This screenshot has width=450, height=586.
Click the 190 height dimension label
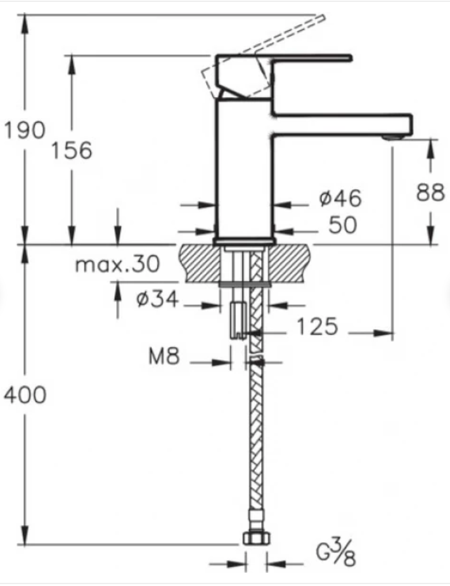pyautogui.click(x=25, y=130)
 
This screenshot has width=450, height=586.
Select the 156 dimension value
pyautogui.click(x=71, y=150)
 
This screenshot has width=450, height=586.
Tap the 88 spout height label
pyautogui.click(x=430, y=192)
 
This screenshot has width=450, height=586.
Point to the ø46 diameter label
pyautogui.click(x=340, y=198)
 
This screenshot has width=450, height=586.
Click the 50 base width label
pyautogui.click(x=343, y=225)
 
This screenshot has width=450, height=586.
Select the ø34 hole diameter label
pyautogui.click(x=157, y=299)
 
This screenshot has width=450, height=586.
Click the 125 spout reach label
pyautogui.click(x=318, y=326)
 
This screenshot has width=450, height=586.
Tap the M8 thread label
pyautogui.click(x=164, y=356)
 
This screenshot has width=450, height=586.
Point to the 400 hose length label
pyautogui.click(x=25, y=394)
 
